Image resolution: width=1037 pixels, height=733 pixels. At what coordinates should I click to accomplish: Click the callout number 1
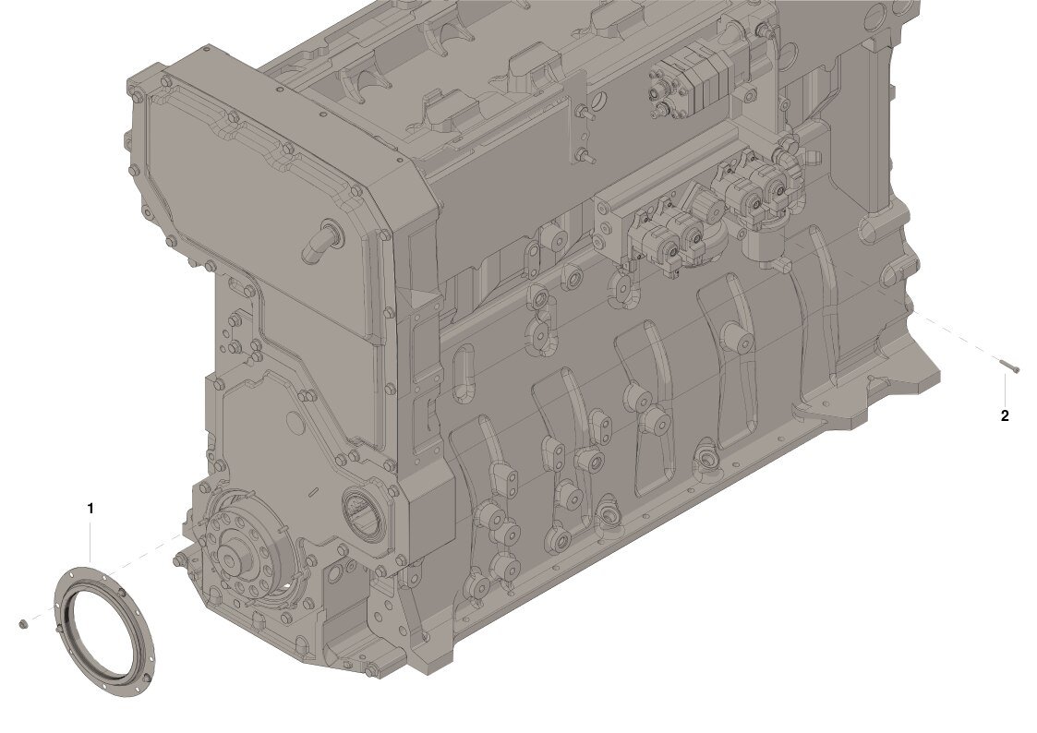(90, 509)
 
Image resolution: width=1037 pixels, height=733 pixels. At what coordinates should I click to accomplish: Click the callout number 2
(1005, 415)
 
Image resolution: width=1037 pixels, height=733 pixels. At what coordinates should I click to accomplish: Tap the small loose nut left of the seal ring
(22, 624)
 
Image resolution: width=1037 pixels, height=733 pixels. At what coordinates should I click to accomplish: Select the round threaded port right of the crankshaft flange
(360, 513)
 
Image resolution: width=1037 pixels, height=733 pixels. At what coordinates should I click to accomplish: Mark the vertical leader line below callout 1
(90, 542)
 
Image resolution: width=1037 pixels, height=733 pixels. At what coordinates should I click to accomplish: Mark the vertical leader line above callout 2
(1006, 390)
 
